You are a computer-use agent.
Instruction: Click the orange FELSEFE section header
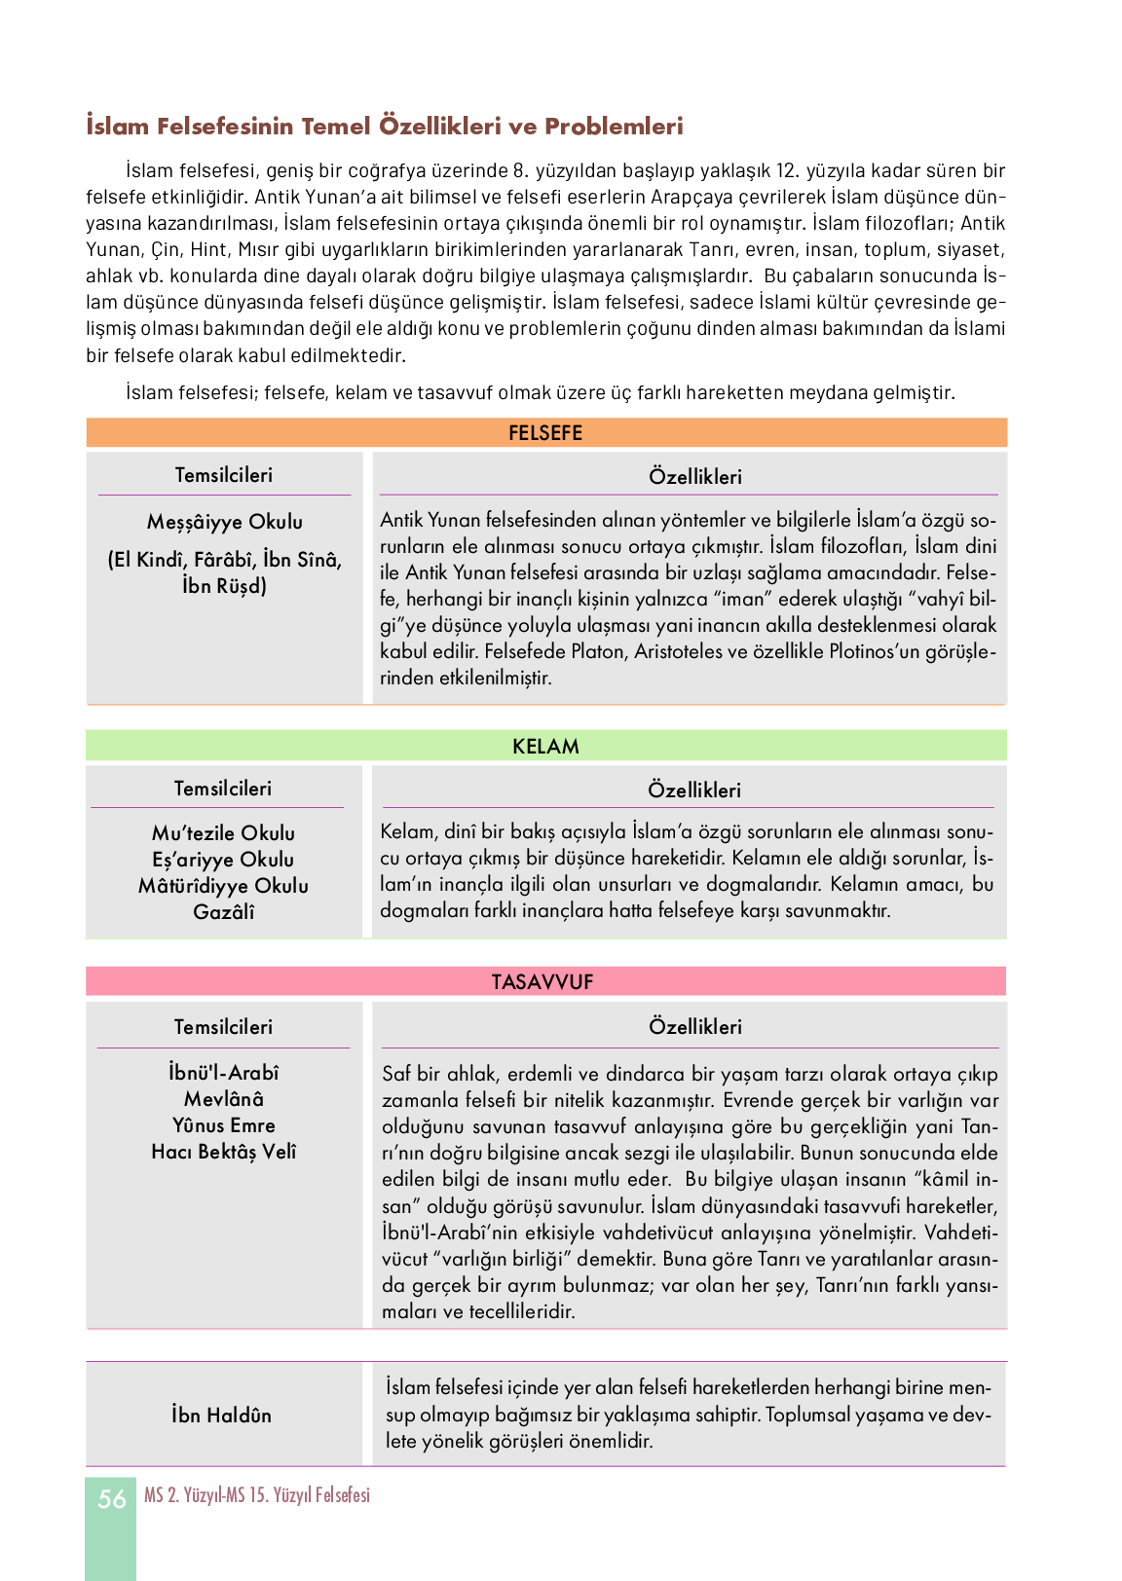pyautogui.click(x=545, y=433)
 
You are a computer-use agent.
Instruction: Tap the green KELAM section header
pyautogui.click(x=545, y=747)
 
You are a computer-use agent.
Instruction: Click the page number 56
pyautogui.click(x=112, y=1499)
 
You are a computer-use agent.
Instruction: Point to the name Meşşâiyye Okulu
pyautogui.click(x=225, y=522)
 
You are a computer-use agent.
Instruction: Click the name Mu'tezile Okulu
pyautogui.click(x=223, y=833)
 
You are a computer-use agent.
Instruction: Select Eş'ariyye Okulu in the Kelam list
pyautogui.click(x=223, y=860)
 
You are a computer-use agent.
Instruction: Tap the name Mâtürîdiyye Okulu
pyautogui.click(x=223, y=886)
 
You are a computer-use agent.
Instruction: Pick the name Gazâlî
pyautogui.click(x=223, y=912)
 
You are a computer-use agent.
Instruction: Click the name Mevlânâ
pyautogui.click(x=224, y=1099)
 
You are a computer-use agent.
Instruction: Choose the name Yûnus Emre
pyautogui.click(x=224, y=1125)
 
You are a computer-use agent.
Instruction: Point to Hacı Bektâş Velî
pyautogui.click(x=224, y=1152)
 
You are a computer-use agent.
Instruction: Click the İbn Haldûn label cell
pyautogui.click(x=222, y=1416)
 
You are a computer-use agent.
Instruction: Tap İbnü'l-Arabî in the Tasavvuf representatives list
pyautogui.click(x=224, y=1073)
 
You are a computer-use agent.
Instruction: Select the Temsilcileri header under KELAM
pyautogui.click(x=223, y=789)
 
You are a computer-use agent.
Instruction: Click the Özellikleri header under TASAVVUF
pyautogui.click(x=695, y=1027)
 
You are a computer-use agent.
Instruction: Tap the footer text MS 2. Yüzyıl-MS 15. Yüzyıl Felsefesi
pyautogui.click(x=257, y=1495)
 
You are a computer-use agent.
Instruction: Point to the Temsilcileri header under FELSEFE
pyautogui.click(x=224, y=475)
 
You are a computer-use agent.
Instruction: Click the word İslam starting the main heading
pyautogui.click(x=118, y=127)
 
